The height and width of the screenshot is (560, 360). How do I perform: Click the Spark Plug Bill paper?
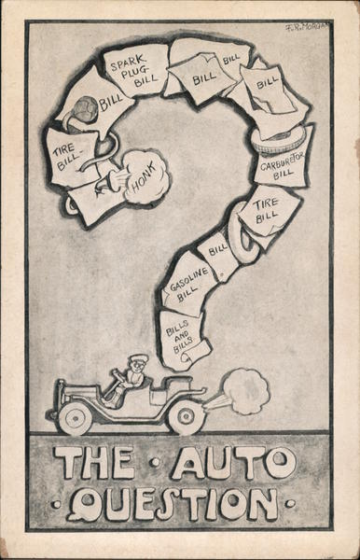[x=136, y=70]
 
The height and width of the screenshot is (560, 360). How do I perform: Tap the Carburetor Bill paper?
[x=280, y=166]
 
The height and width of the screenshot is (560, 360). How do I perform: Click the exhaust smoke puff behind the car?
[x=244, y=391]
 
